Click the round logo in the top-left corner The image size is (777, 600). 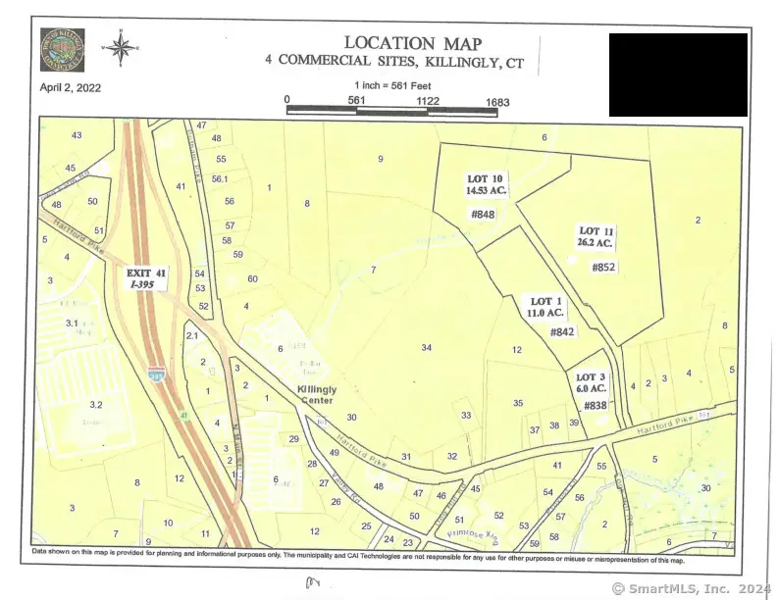(x=62, y=50)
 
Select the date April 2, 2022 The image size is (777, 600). (x=71, y=86)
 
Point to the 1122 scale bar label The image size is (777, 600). (x=426, y=100)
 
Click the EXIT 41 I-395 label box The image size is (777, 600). (x=147, y=276)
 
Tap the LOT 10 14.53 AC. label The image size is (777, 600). (x=484, y=184)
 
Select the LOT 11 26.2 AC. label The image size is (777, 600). (x=596, y=236)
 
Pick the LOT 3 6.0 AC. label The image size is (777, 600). (x=592, y=383)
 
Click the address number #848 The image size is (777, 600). (x=483, y=214)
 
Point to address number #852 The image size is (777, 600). (x=603, y=267)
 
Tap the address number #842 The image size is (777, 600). (x=561, y=332)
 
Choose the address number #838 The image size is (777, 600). (x=596, y=406)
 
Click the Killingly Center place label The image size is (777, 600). (x=316, y=394)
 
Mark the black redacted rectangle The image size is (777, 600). (x=678, y=75)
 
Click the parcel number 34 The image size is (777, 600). (x=427, y=348)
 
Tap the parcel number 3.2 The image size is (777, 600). (x=96, y=404)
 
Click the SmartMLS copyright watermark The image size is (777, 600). (x=693, y=588)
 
